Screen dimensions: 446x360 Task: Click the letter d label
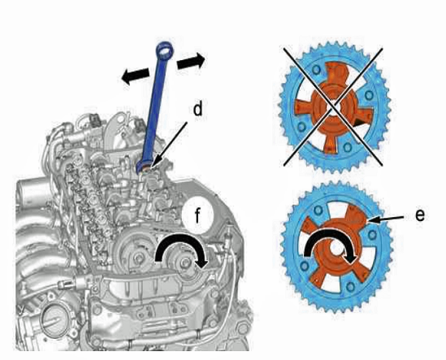(198, 109)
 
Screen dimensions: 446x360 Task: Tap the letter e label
(420, 215)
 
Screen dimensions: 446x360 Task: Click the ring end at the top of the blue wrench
(165, 50)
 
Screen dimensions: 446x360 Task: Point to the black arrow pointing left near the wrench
(135, 76)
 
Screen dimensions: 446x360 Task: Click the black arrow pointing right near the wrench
(191, 62)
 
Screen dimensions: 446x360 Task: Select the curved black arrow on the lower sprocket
(330, 243)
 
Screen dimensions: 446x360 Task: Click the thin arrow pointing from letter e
(386, 219)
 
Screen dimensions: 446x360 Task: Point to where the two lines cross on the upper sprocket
(333, 106)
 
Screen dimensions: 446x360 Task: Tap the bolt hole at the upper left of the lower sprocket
(318, 210)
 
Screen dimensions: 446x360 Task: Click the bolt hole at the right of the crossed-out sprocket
(369, 95)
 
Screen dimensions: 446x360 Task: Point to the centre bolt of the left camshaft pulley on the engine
(139, 259)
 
